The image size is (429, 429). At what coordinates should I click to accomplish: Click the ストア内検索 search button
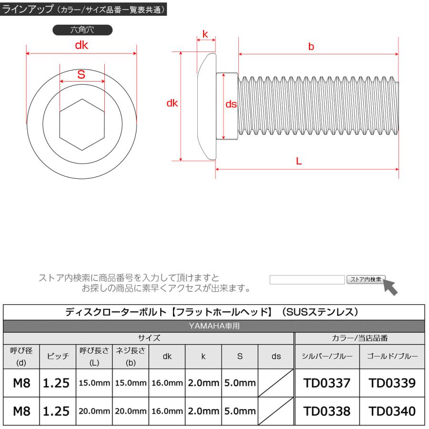coord(366,279)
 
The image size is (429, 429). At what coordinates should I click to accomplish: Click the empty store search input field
coord(307,280)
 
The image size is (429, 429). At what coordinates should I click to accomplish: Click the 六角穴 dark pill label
coord(82,31)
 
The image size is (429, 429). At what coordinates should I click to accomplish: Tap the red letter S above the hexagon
coord(81,74)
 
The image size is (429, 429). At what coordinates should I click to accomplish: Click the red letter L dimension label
coord(299,161)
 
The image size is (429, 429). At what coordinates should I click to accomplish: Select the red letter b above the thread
coord(311,47)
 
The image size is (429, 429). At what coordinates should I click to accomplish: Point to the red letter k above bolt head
coord(205,34)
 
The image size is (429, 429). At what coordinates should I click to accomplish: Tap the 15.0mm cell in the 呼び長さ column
coord(94,383)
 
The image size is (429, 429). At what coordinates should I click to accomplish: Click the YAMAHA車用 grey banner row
coord(214,326)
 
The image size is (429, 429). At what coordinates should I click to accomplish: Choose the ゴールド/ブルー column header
coord(393,356)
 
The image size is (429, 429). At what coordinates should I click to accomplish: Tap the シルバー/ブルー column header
coord(326,356)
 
